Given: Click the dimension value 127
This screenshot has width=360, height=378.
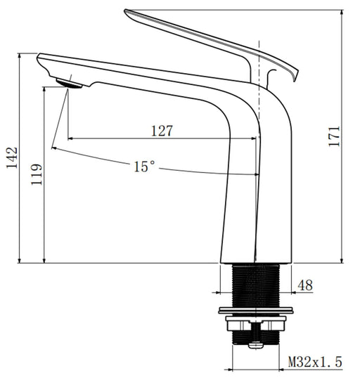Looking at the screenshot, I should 161,131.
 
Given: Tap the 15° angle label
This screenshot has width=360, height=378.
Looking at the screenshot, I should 144,167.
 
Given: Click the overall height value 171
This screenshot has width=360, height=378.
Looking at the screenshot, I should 334,136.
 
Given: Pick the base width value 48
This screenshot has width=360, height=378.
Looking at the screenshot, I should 305,285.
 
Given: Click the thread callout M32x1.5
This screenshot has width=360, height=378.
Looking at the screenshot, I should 315,362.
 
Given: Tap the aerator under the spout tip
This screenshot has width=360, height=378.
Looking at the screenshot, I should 69,84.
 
